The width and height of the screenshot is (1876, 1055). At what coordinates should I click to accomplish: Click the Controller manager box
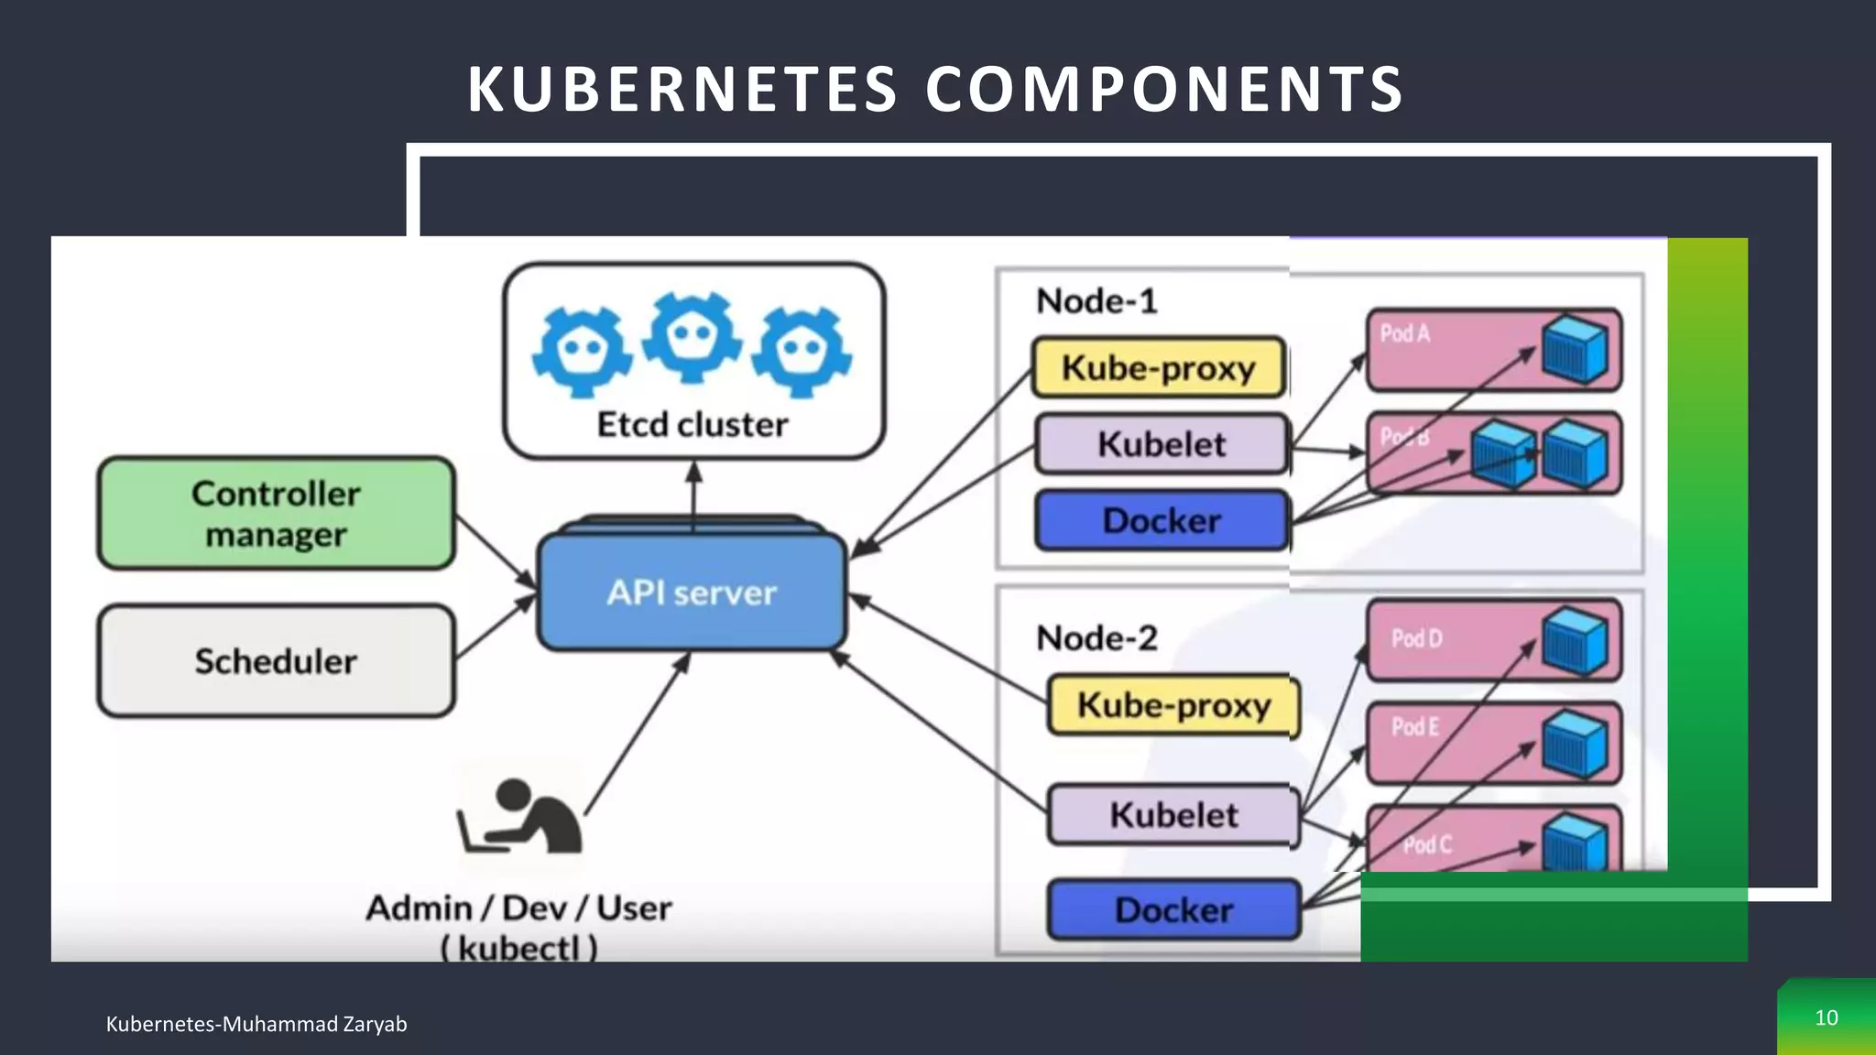click(x=276, y=513)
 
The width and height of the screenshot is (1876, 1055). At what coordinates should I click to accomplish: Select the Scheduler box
click(x=276, y=660)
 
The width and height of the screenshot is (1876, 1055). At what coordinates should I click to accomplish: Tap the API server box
click(x=692, y=593)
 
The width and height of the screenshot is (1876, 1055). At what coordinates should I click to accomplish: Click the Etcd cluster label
click(x=693, y=425)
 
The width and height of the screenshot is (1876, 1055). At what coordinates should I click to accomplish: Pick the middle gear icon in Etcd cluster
click(x=692, y=336)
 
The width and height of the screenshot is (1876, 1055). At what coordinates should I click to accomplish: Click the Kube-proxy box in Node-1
click(x=1159, y=367)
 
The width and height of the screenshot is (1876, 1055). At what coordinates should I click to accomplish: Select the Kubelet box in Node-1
click(x=1162, y=444)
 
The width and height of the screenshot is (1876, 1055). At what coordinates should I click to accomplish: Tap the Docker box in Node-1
click(x=1162, y=520)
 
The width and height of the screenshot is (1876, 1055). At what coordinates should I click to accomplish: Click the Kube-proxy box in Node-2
click(x=1173, y=705)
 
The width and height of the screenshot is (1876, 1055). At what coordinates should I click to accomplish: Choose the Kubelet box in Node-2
click(x=1173, y=814)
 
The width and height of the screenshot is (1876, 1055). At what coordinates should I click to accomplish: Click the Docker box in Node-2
click(x=1173, y=909)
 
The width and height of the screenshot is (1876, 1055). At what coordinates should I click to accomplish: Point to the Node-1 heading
click(x=1096, y=301)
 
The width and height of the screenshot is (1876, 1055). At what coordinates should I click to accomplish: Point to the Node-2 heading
click(x=1096, y=638)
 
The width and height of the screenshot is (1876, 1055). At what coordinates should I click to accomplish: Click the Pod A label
click(x=1404, y=333)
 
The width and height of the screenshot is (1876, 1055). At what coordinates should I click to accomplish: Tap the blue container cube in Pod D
click(x=1574, y=642)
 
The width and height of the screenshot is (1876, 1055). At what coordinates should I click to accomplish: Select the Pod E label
click(x=1415, y=727)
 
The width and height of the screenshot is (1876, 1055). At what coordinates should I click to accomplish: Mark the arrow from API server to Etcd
click(x=693, y=495)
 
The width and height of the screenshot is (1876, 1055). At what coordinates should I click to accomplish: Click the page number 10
click(x=1826, y=1017)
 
